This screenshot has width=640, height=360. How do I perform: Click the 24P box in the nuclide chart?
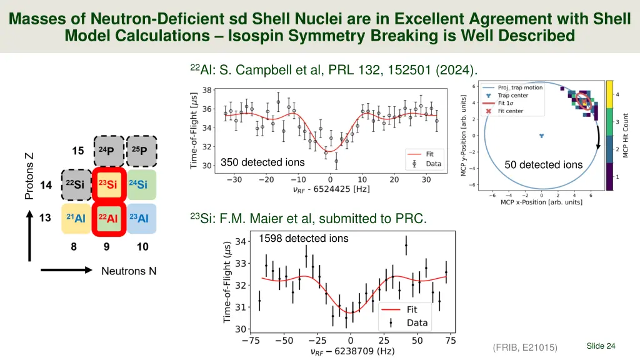tap(109, 151)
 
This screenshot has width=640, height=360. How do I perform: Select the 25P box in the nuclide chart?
tap(141, 151)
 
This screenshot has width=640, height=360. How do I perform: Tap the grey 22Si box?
tap(76, 184)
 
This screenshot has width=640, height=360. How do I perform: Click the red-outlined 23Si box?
tap(109, 184)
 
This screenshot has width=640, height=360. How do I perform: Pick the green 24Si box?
tap(141, 184)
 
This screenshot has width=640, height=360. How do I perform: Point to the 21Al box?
tap(76, 218)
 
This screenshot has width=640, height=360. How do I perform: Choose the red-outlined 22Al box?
tap(109, 218)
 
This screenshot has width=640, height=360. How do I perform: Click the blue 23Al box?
tap(141, 218)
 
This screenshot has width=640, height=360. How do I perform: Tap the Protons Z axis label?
tap(29, 176)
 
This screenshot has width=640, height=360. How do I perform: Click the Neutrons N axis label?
tap(129, 271)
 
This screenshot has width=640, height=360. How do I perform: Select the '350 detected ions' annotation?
tap(262, 162)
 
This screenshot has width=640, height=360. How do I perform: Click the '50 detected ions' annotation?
tap(544, 165)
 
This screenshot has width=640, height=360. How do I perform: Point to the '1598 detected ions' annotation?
tap(304, 238)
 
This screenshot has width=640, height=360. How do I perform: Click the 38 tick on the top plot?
tap(206, 90)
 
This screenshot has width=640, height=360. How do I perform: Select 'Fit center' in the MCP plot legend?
tap(510, 111)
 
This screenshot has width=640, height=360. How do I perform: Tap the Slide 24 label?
tap(601, 346)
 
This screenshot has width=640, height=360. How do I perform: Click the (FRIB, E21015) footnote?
tap(525, 347)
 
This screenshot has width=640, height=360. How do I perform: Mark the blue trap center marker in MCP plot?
tap(542, 135)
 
